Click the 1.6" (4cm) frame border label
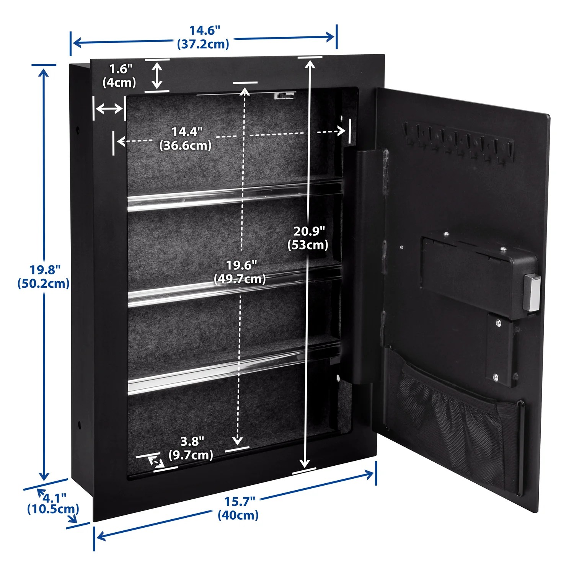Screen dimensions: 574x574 [x=119, y=76]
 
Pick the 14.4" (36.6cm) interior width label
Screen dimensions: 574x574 [x=186, y=138]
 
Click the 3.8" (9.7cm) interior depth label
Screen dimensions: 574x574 [x=191, y=448]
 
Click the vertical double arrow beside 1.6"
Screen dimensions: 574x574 [x=157, y=75]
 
